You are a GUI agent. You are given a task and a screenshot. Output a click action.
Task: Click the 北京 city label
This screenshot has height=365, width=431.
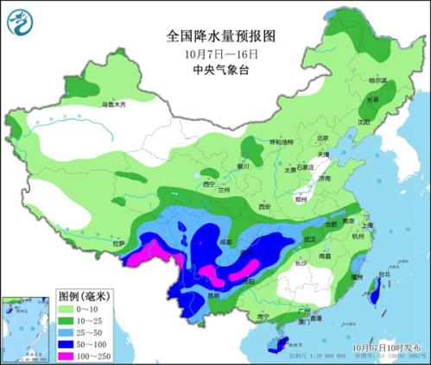[x=323, y=138]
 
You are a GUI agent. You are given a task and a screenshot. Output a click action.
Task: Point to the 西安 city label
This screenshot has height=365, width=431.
[x=264, y=207]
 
